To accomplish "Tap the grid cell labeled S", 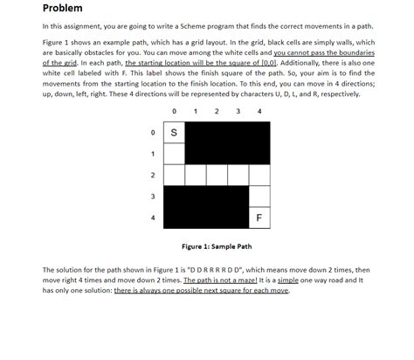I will [174, 132].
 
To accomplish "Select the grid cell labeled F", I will [259, 216].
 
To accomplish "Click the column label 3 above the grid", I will [238, 111].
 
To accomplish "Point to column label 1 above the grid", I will [196, 111].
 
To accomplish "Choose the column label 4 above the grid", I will [259, 111].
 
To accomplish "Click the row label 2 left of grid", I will [154, 174].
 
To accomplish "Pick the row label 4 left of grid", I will [154, 216].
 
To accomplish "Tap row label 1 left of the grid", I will [154, 153].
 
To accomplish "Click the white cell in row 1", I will [174, 153].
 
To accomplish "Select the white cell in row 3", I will [259, 195].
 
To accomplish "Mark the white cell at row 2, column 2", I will [217, 174].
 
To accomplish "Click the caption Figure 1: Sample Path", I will [217, 246].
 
